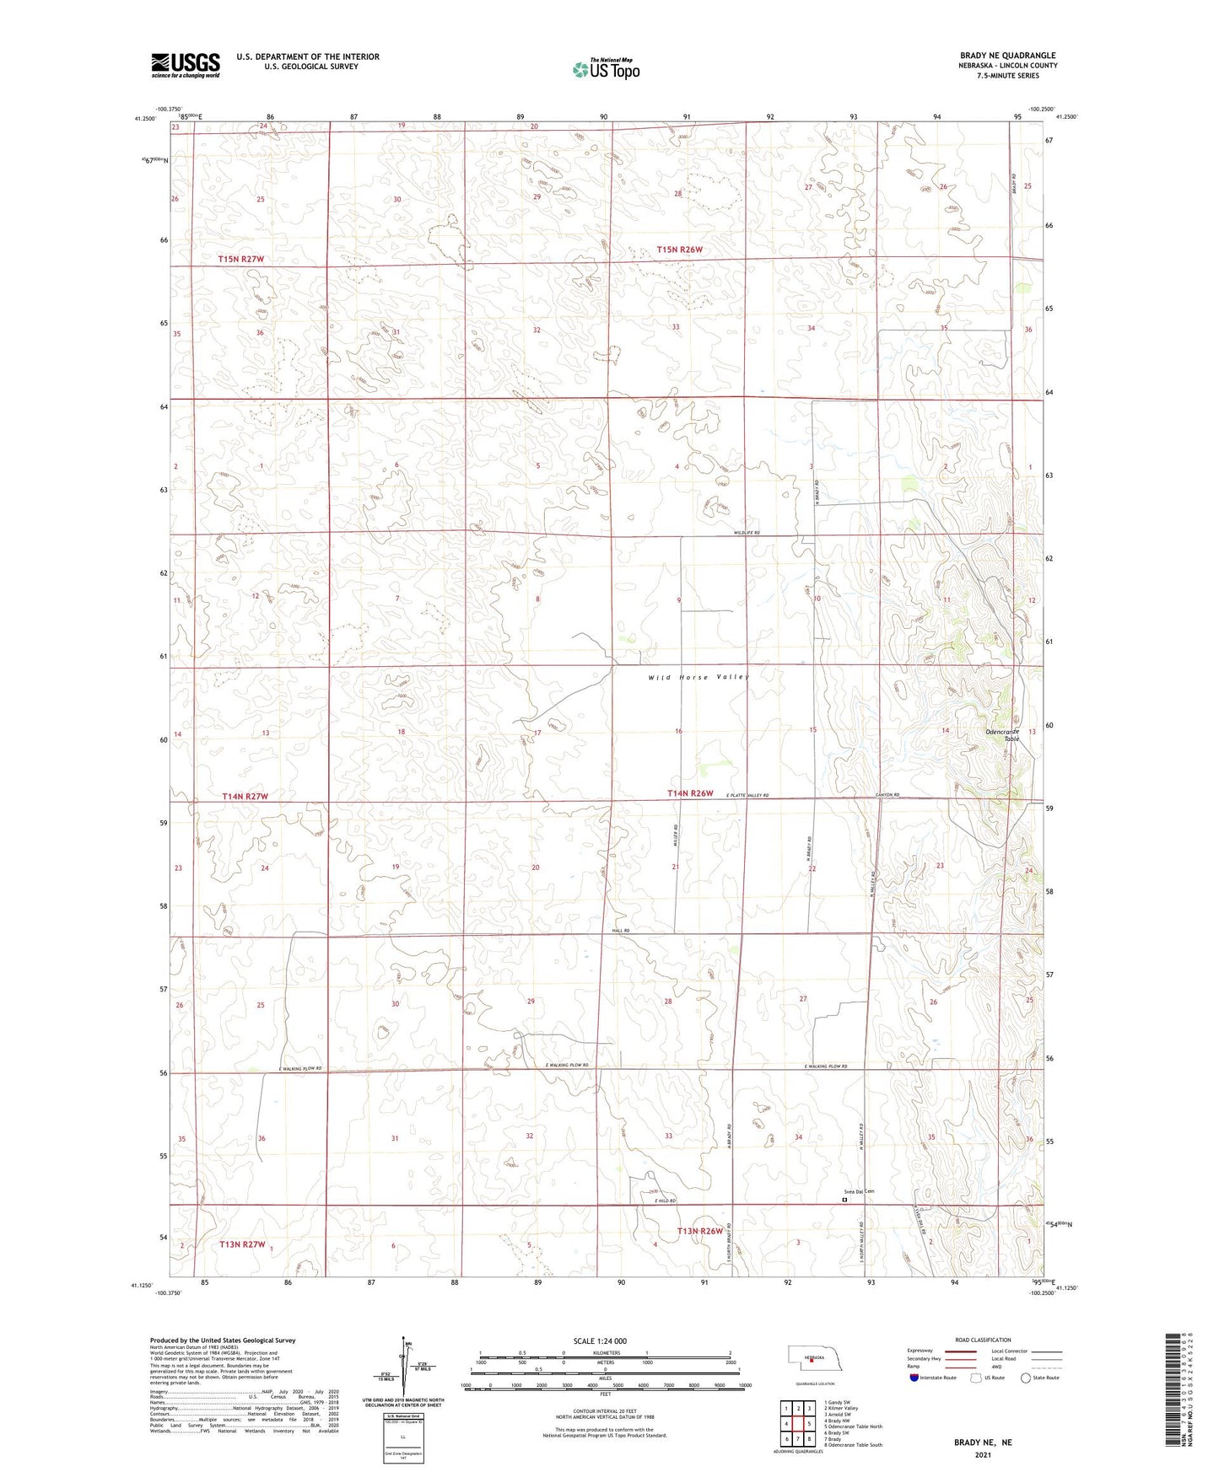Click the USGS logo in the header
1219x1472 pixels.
[185, 65]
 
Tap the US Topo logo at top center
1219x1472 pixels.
[605, 69]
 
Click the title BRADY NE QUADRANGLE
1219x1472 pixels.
[1007, 55]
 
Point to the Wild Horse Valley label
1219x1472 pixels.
[698, 677]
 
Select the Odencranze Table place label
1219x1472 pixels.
[1004, 734]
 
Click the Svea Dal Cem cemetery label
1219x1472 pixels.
[859, 1191]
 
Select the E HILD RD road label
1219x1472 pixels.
[665, 1201]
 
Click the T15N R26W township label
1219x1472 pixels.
[679, 250]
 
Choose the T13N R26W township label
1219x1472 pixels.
[699, 1231]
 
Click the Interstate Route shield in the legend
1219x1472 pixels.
[915, 1378]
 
